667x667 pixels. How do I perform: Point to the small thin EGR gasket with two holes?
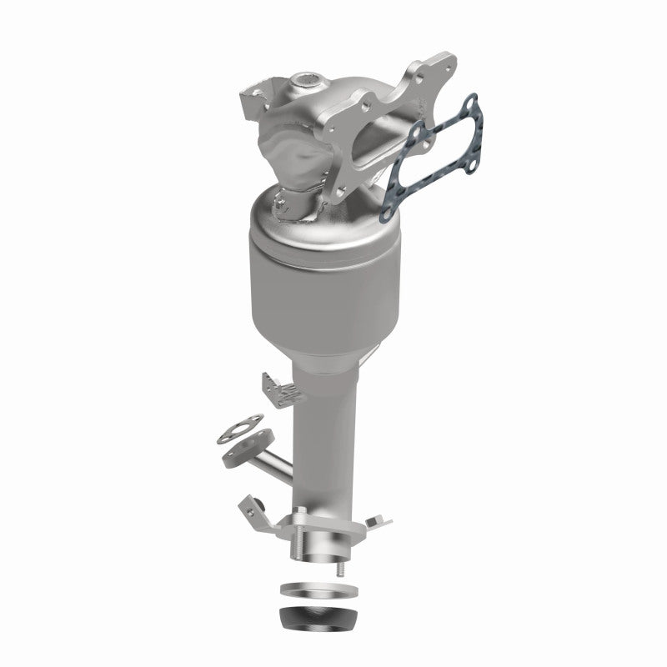(x=238, y=431)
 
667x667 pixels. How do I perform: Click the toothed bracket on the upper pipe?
(x=275, y=387)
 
